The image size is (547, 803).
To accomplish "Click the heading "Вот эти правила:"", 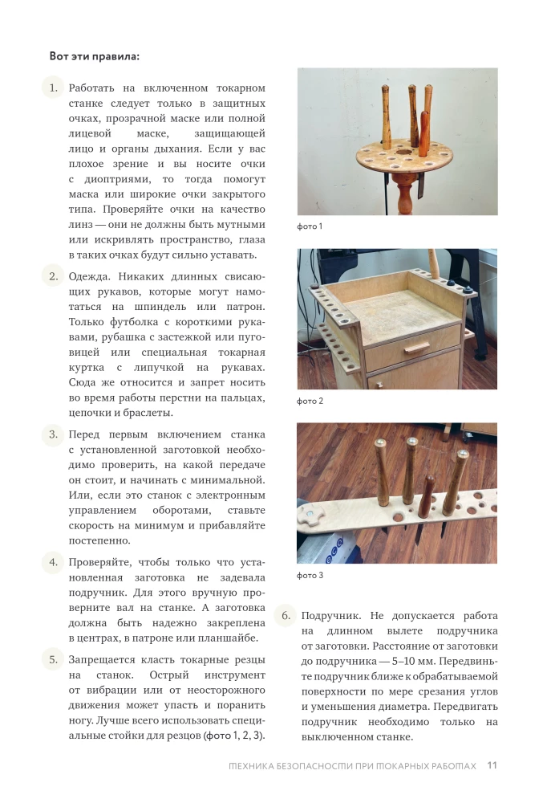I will tap(94, 56).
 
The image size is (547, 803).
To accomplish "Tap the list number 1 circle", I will tap(52, 88).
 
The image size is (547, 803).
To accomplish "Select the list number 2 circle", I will tap(52, 276).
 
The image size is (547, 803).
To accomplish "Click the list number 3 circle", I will tap(52, 434).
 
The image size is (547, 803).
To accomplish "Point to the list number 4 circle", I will tap(52, 561).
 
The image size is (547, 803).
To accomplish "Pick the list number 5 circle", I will tap(52, 659).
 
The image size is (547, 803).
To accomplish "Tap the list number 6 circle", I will tap(285, 616).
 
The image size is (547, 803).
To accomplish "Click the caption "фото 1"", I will tap(310, 226).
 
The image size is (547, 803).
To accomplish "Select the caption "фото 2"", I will tap(310, 401).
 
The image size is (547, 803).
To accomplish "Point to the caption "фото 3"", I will tap(310, 575).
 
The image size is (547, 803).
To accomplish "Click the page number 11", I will tap(492, 765).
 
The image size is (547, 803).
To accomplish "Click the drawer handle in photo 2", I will tap(416, 348).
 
